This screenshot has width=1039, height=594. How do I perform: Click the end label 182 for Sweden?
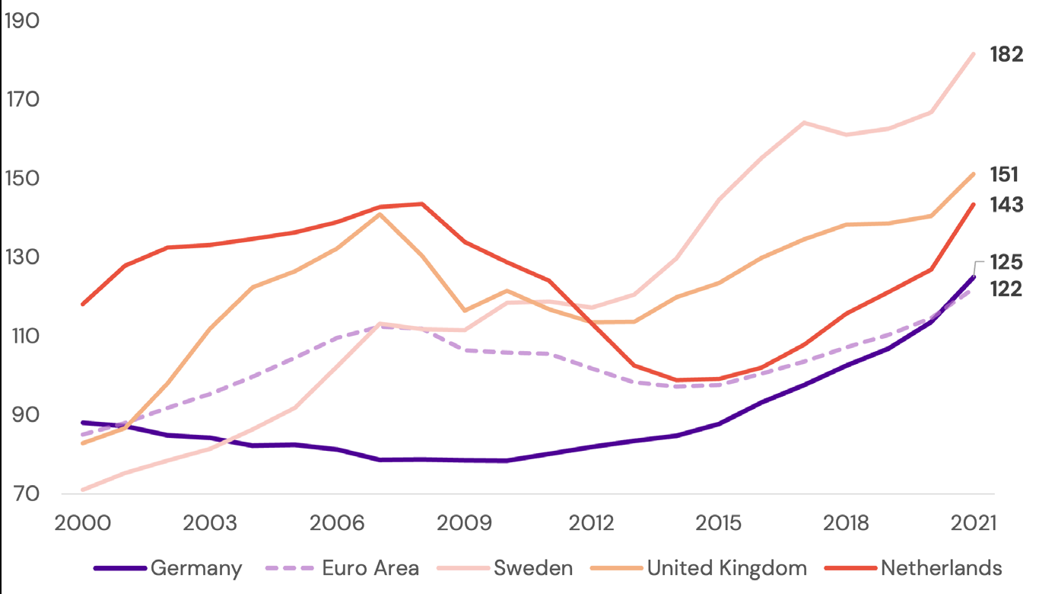point(1006,55)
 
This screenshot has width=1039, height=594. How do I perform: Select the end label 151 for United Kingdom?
point(1004,175)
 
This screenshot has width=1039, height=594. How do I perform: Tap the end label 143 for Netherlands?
point(1006,205)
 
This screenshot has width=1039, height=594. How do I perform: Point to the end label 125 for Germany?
point(1006,263)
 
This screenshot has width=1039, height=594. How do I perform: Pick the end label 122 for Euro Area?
point(1006,289)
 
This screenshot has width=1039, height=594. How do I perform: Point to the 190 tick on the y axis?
point(21,21)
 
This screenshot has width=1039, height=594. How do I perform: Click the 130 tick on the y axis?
point(21,257)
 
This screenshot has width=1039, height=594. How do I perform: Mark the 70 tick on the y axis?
point(21,494)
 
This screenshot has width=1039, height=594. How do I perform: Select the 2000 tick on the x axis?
point(83,525)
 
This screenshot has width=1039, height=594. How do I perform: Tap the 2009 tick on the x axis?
point(464,525)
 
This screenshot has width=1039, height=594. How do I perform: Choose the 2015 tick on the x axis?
point(719,525)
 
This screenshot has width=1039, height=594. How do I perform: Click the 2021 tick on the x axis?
point(973,525)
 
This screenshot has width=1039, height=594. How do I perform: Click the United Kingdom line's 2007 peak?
point(379,214)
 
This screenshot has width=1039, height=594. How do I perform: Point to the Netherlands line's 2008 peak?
point(421,203)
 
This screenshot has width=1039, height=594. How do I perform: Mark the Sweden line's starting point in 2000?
point(83,490)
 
